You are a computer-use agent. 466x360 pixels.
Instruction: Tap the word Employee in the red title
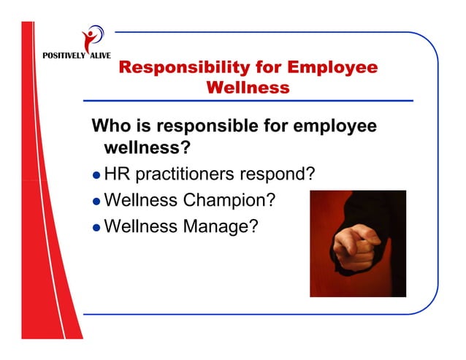pyautogui.click(x=333, y=68)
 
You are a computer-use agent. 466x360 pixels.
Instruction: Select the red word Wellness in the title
pyautogui.click(x=248, y=88)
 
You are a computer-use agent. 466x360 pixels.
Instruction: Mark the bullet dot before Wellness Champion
pyautogui.click(x=96, y=201)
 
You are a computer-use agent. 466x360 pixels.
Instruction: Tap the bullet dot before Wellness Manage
pyautogui.click(x=96, y=226)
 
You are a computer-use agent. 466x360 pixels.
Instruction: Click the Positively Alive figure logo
pyautogui.click(x=92, y=37)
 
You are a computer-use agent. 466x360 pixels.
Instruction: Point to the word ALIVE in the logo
pyautogui.click(x=100, y=56)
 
